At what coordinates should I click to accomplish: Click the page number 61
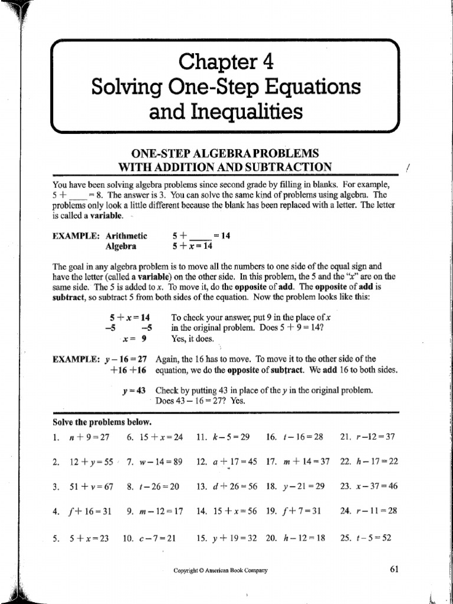point(395,569)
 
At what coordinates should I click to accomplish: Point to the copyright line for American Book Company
point(221,570)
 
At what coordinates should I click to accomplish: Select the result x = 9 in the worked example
point(134,339)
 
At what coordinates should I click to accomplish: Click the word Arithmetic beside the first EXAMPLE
point(126,235)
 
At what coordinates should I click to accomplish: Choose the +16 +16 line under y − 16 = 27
point(128,370)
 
